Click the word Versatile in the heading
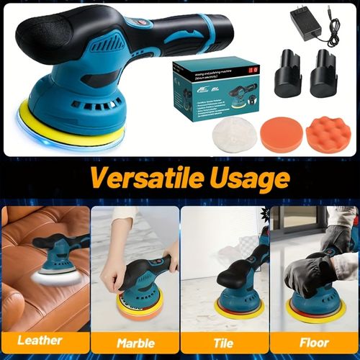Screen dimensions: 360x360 (x=130, y=176)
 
